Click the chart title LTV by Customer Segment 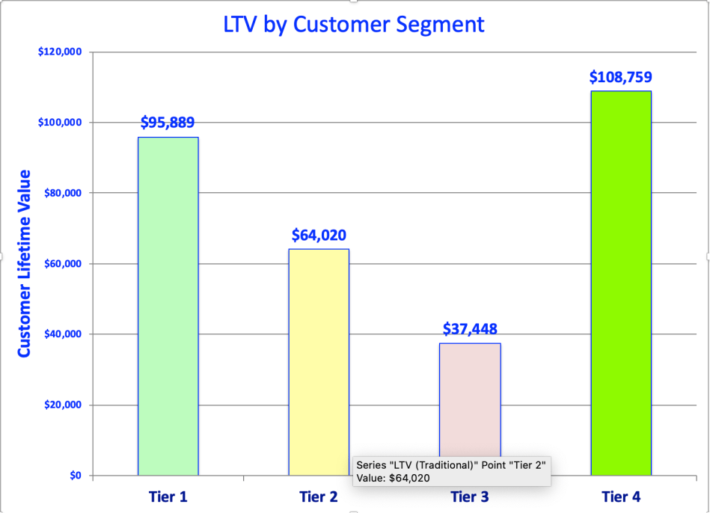point(354,24)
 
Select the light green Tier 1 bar point(168,306)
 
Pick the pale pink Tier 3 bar point(470,396)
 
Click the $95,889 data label point(168,123)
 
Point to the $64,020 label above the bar point(319,235)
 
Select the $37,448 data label point(470,329)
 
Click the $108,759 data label point(620,76)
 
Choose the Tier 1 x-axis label point(168,497)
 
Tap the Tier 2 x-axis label point(319,497)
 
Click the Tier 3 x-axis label point(470,497)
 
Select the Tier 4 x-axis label point(620,497)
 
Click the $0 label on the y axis point(76,476)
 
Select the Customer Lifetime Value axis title point(24,263)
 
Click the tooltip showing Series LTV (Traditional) point(450,471)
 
